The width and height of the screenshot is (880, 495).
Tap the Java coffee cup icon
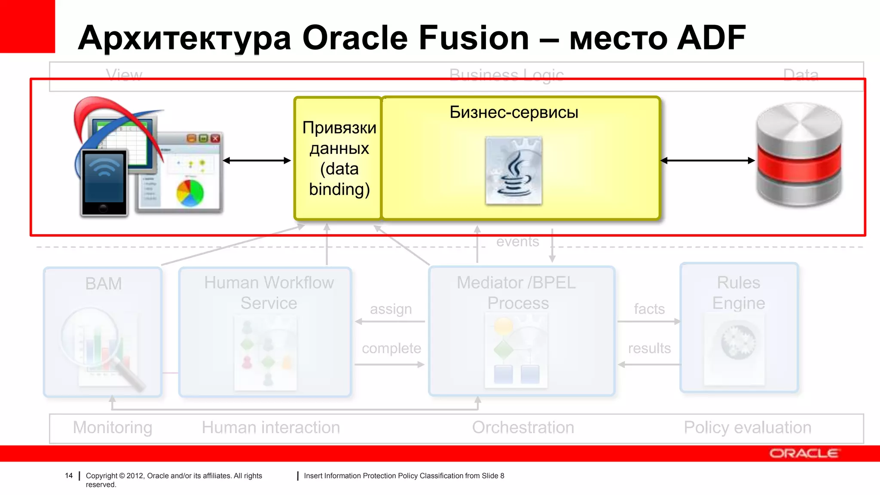(x=513, y=172)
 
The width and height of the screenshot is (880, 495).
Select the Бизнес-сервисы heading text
(x=513, y=113)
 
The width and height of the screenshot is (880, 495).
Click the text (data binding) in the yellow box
(x=339, y=179)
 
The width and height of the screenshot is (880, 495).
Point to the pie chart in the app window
(x=190, y=193)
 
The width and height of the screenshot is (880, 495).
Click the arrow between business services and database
(x=708, y=161)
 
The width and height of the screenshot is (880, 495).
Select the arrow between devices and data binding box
(x=257, y=161)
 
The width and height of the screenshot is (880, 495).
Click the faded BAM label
(x=104, y=284)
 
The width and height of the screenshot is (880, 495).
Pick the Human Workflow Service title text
(x=269, y=293)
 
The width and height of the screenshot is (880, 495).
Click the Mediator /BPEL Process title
(x=517, y=293)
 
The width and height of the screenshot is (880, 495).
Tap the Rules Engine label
(x=738, y=293)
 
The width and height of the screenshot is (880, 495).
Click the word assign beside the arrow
(x=391, y=309)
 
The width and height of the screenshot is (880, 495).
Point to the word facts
(x=649, y=309)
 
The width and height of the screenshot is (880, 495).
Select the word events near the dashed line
(x=517, y=242)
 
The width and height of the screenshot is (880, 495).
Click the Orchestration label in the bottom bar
(x=523, y=428)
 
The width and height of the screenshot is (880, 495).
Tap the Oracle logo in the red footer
(x=804, y=454)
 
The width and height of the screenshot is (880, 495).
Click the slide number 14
(x=69, y=476)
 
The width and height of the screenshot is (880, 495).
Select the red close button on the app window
(x=216, y=138)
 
